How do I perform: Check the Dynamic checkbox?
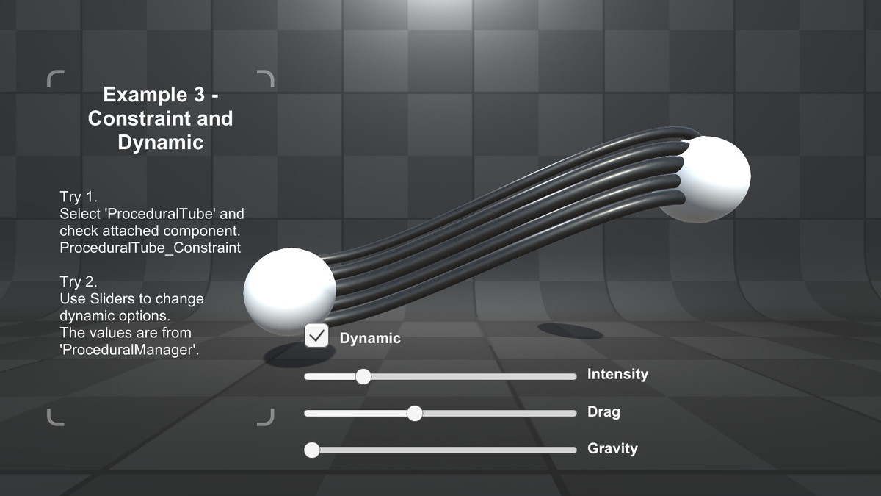pyautogui.click(x=316, y=336)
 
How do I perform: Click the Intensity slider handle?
pyautogui.click(x=363, y=377)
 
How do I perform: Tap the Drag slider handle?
pyautogui.click(x=415, y=413)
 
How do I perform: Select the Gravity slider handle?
pyautogui.click(x=312, y=450)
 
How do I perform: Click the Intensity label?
pyautogui.click(x=617, y=374)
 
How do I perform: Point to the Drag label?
pyautogui.click(x=603, y=412)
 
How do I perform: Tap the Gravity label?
pyautogui.click(x=612, y=449)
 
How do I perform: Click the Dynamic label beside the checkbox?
pyautogui.click(x=370, y=338)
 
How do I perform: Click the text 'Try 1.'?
pyautogui.click(x=79, y=196)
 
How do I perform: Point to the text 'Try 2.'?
pyautogui.click(x=79, y=281)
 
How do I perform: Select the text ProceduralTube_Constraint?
pyautogui.click(x=151, y=248)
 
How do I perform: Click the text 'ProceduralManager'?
pyautogui.click(x=129, y=350)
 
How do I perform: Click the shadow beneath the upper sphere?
pyautogui.click(x=570, y=331)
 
